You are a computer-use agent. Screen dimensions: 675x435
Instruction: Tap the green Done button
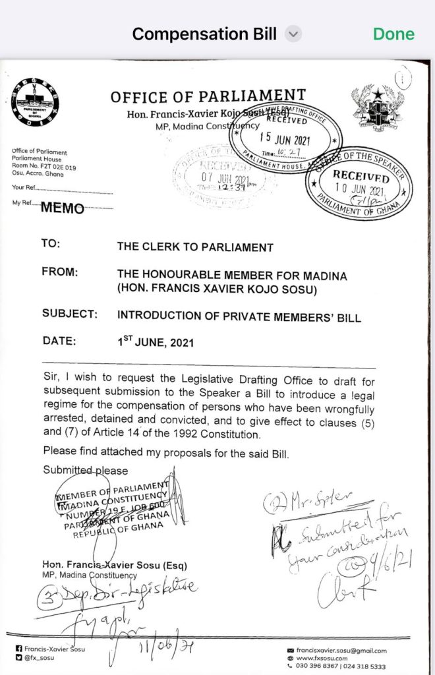pos(393,34)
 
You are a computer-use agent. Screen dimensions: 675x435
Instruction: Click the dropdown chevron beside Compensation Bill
pos(293,34)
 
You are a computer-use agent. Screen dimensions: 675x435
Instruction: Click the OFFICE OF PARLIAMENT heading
pos(208,96)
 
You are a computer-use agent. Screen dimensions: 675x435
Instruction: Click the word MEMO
pos(63,209)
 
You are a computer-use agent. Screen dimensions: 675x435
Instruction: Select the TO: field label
pos(51,243)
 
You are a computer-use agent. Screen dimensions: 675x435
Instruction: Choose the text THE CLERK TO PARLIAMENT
pos(194,248)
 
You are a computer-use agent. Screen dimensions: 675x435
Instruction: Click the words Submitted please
pos(85,470)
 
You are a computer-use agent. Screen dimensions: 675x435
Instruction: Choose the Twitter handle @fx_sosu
pos(40,658)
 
